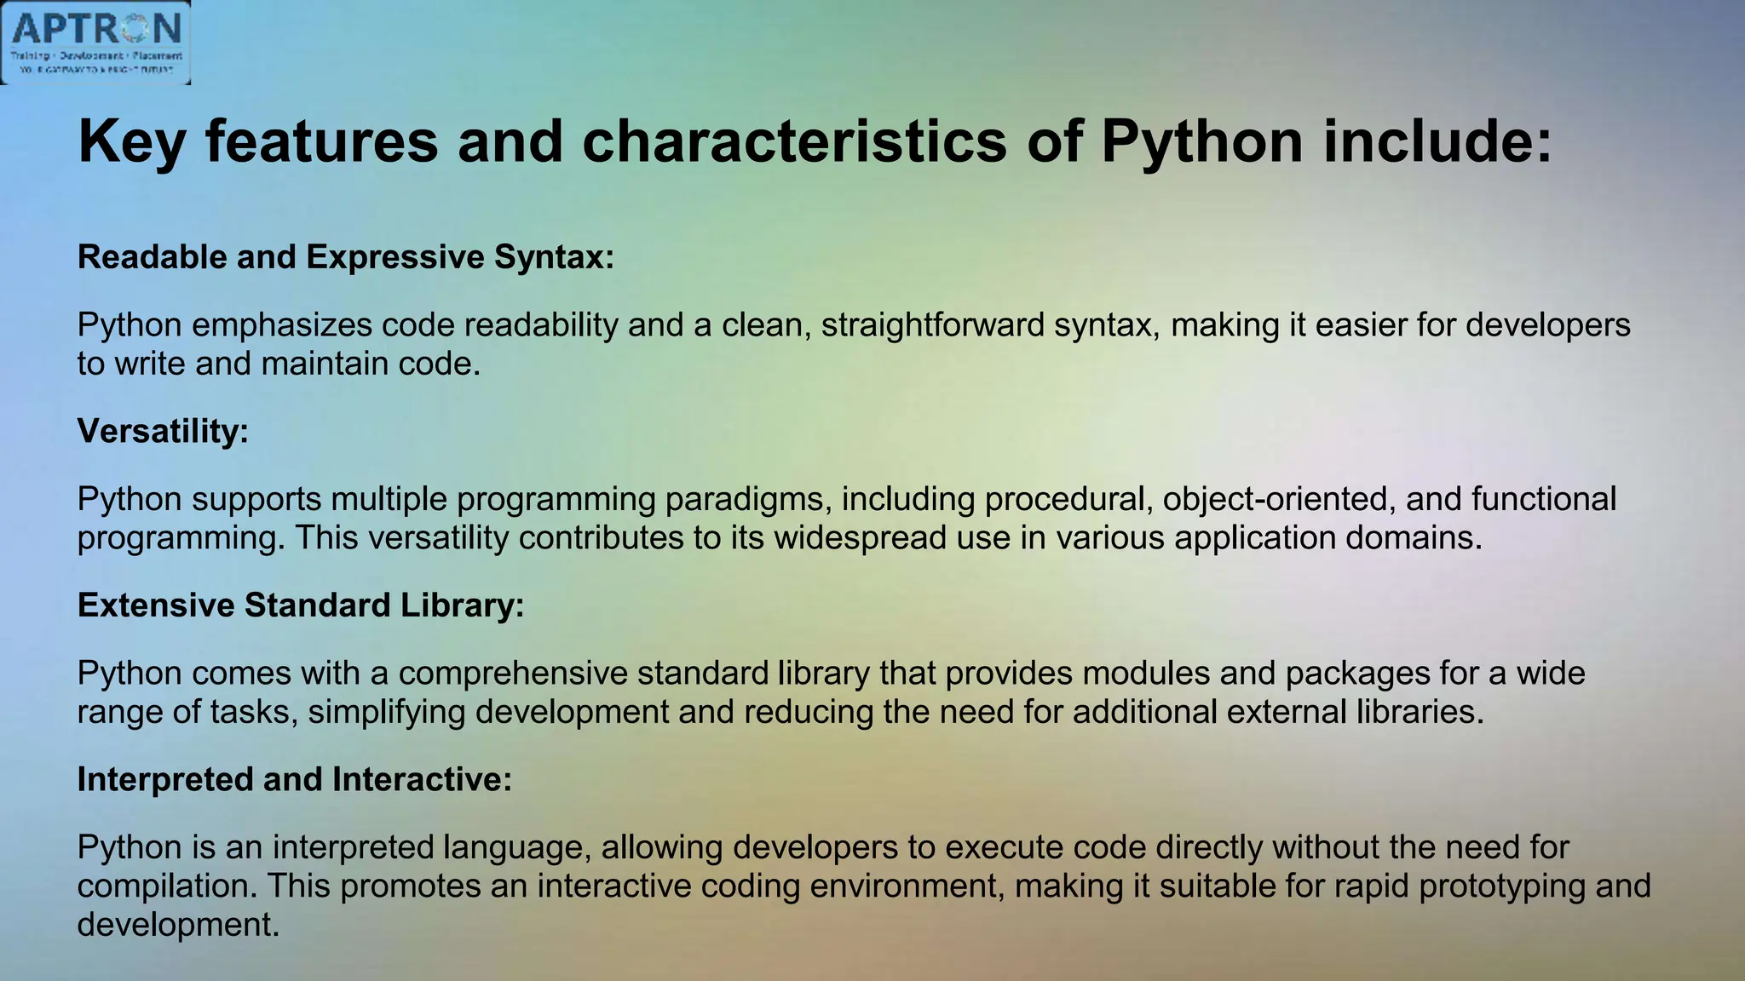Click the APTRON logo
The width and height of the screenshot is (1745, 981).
coord(95,42)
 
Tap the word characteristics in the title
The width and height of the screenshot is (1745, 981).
coord(794,141)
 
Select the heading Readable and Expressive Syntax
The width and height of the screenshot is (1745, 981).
coord(345,257)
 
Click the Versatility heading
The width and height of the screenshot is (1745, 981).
coord(163,431)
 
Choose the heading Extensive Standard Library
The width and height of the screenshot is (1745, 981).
coord(301,605)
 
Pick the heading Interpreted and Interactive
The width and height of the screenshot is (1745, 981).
coord(295,779)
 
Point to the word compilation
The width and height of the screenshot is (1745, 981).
coord(167,886)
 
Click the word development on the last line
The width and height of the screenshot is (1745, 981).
coord(178,925)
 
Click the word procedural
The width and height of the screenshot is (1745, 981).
coord(1068,499)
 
